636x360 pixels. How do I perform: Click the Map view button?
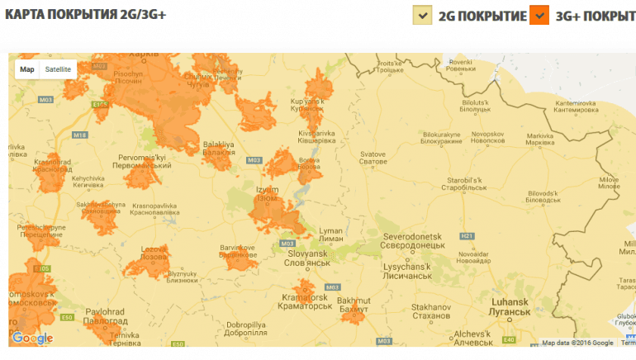27,69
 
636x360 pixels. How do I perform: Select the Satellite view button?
58,69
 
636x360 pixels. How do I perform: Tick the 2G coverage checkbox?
422,15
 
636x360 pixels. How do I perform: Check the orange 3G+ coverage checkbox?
539,15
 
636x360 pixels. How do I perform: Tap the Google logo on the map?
32,338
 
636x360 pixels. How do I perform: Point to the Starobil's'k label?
468,182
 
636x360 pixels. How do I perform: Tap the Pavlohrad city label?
105,316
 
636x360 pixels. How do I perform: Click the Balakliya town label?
219,148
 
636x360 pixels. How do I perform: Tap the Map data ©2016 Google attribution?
577,343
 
